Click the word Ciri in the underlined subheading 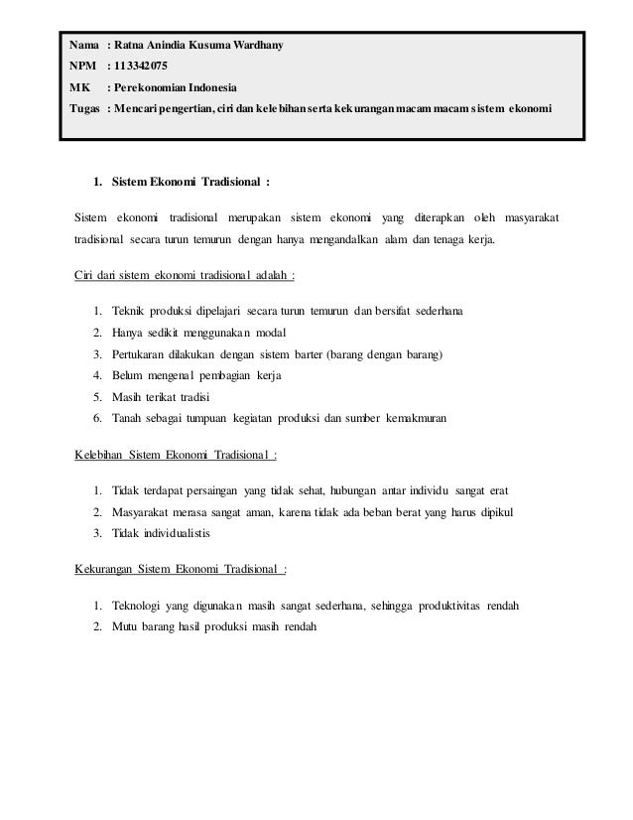click(x=85, y=275)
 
